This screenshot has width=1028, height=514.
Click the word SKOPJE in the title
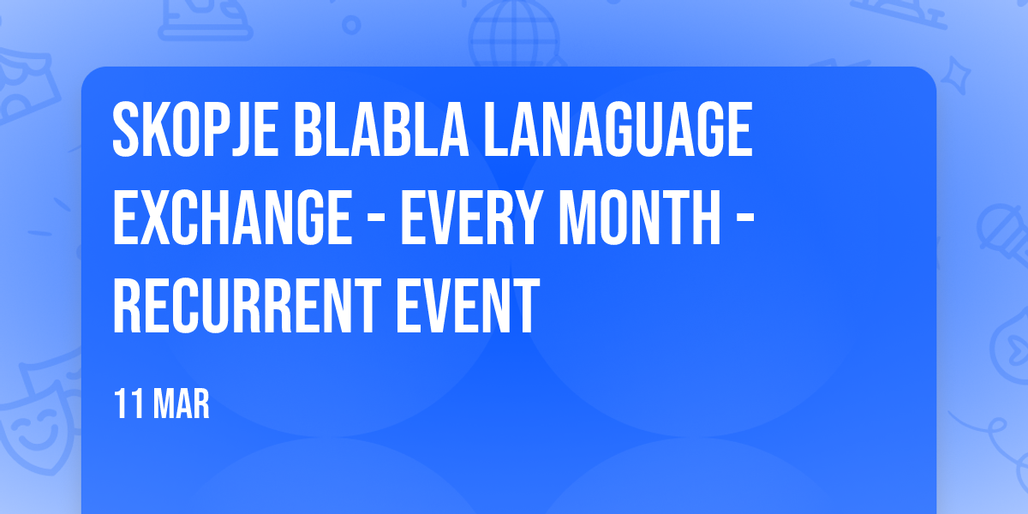195,129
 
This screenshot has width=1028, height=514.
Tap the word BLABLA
381,129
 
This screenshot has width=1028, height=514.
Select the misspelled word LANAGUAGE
619,129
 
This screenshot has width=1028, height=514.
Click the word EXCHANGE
233,218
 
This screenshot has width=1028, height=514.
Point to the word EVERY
470,218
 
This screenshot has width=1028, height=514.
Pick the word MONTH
639,218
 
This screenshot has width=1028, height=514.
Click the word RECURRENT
247,306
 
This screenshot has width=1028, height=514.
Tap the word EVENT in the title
468,306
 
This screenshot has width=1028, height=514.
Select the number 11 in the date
129,403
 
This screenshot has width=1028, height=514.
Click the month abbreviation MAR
182,403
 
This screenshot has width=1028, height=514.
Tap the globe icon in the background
515,34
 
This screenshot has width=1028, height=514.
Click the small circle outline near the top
351,25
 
